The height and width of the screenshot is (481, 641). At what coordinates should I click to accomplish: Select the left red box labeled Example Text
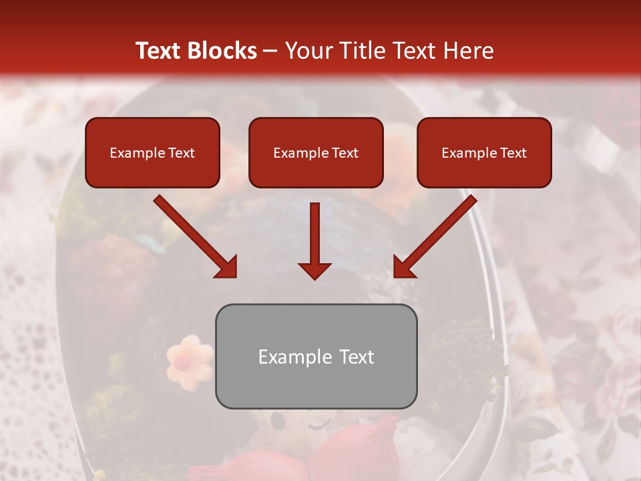pos(152,153)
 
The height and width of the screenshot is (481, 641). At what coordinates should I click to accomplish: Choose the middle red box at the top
pos(316,153)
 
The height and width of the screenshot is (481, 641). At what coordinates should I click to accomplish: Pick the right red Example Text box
pos(484,153)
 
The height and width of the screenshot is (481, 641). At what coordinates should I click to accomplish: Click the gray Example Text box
pos(316,356)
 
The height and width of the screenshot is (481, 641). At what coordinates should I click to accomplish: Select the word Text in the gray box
pos(357,357)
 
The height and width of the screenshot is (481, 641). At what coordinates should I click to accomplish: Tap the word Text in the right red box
pos(513,153)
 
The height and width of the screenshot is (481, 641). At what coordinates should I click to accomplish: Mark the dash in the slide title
pos(270,51)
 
